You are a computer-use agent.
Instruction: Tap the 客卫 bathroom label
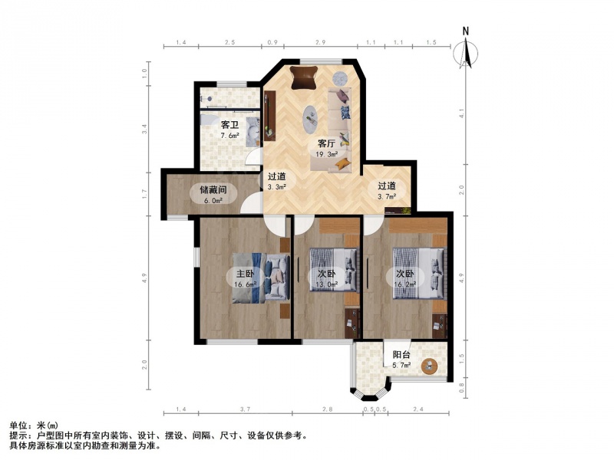[x=229, y=125]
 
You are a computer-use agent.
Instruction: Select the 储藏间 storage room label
[x=213, y=190]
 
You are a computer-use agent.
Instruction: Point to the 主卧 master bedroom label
[x=244, y=274]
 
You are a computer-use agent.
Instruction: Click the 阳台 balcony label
[x=401, y=355]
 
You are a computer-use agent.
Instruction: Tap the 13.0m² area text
[x=327, y=284]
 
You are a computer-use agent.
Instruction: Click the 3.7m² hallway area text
[x=387, y=196]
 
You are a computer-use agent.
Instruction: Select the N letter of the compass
[x=466, y=31]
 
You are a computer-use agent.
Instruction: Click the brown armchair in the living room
[x=304, y=77]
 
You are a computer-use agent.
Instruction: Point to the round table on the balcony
[x=430, y=366]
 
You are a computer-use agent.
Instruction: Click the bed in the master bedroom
[x=261, y=278]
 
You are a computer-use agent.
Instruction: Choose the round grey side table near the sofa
[x=340, y=78]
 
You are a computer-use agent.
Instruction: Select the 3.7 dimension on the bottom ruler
[x=245, y=409]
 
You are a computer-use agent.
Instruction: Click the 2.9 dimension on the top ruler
[x=320, y=42]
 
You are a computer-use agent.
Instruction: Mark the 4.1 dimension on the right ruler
[x=462, y=113]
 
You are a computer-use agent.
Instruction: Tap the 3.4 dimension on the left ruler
[x=144, y=129]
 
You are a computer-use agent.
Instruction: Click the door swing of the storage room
[x=251, y=203]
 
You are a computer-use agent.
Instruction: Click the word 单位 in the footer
[x=17, y=426]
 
